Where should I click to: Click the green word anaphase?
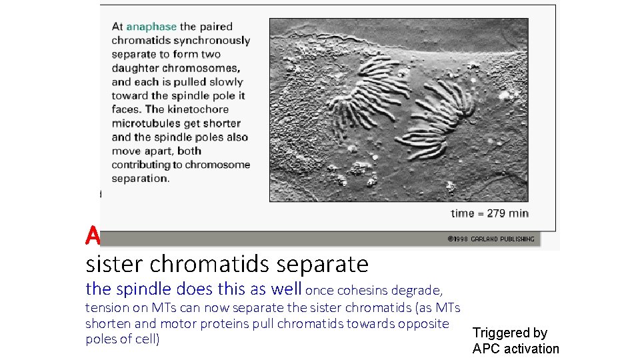151,27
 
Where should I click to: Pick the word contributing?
142,165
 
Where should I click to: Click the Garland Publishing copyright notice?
490,239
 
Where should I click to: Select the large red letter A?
92,235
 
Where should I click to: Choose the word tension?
107,307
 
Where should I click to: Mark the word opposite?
424,323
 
